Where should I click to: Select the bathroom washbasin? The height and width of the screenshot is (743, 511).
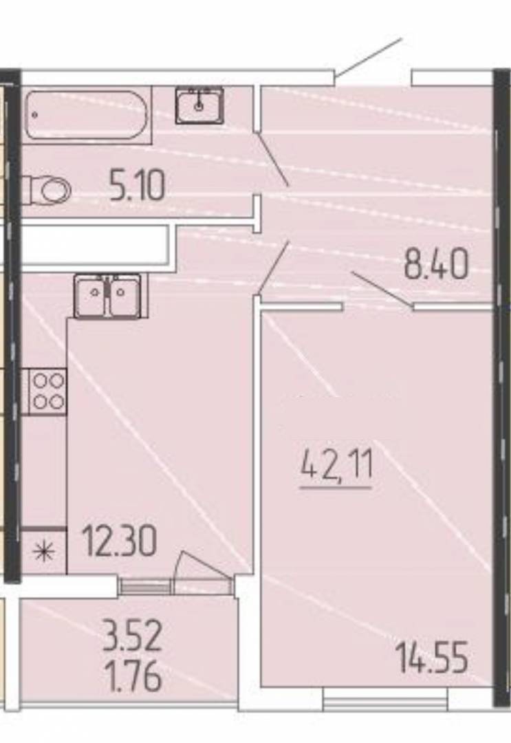point(199,106)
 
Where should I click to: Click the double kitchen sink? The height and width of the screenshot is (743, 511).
point(108,297)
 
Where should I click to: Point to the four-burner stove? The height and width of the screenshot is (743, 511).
point(48,391)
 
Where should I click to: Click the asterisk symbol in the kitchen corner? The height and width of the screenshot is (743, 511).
point(43,552)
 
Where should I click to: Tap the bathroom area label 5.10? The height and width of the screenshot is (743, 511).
point(137,186)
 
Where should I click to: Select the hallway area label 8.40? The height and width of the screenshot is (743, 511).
point(436,263)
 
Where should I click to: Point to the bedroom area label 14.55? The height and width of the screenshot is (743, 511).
point(433,657)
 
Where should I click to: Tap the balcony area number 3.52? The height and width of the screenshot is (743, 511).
point(133,637)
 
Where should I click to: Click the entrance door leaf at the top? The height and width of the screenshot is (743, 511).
point(369,57)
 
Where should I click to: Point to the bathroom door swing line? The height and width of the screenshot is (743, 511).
point(273,159)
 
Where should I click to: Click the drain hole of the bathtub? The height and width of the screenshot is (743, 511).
point(34,115)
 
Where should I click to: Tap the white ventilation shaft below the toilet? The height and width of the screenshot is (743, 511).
point(95,245)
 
